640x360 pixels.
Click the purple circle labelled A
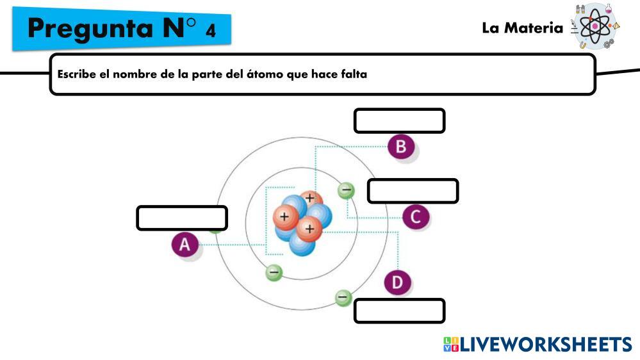[x=185, y=244]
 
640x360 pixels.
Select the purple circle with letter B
[x=401, y=147]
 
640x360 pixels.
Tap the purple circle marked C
[x=416, y=217]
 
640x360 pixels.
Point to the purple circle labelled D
[x=397, y=282]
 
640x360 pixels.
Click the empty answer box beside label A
[x=182, y=218]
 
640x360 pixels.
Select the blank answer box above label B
[x=399, y=121]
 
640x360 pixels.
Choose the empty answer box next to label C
[x=413, y=191]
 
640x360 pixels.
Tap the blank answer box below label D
[x=399, y=311]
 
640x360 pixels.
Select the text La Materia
[x=522, y=28]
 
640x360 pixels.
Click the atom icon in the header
[x=595, y=27]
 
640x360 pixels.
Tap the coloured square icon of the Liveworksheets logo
[x=451, y=345]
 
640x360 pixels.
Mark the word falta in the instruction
[x=353, y=74]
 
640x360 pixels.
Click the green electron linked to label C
[x=346, y=190]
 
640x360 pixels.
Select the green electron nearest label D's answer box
[x=344, y=297]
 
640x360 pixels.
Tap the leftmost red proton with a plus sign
[x=284, y=217]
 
